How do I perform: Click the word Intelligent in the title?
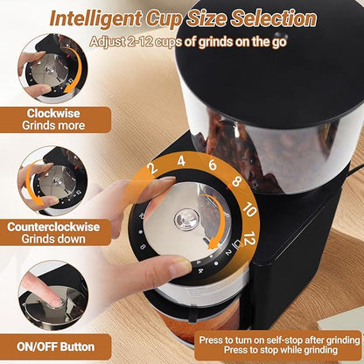pos(98,17)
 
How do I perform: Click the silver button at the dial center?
pos(186,220)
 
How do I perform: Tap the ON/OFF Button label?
pos(54,345)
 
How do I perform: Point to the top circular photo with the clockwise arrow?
pos(52,66)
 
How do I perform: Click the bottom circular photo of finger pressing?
pos(52,293)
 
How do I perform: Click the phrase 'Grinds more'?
pos(54,125)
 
